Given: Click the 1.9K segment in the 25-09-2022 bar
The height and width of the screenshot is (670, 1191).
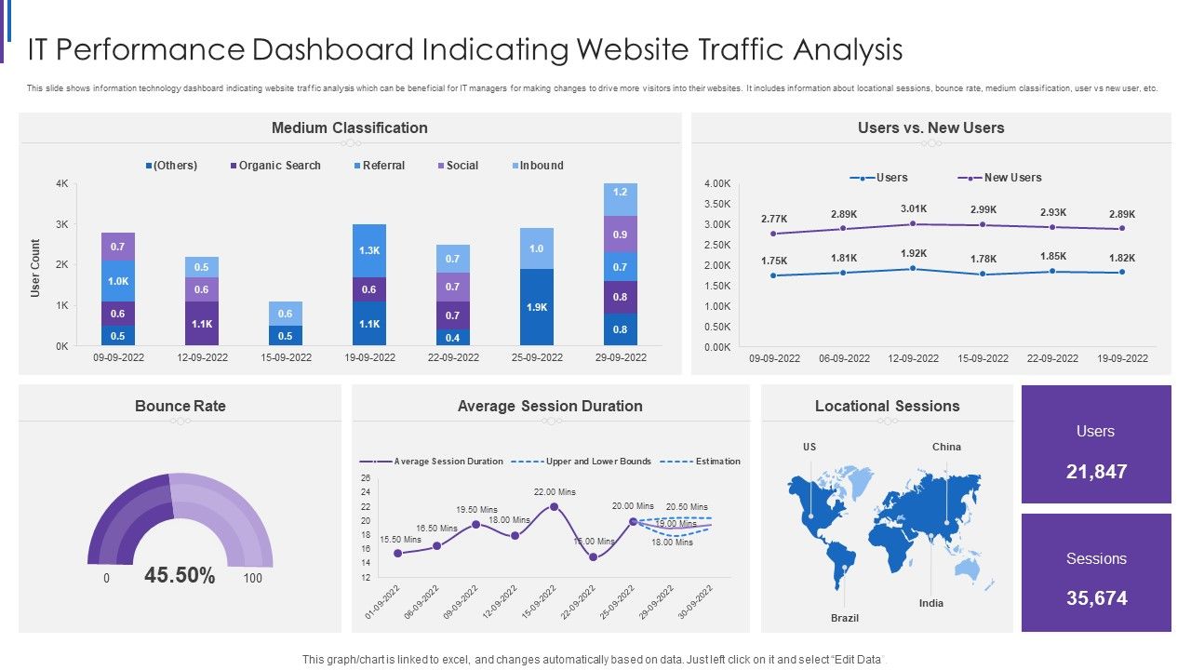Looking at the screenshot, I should (x=537, y=307).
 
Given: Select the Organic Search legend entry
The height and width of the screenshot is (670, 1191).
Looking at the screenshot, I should (x=274, y=166).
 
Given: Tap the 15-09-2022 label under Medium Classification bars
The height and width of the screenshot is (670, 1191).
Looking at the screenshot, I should (x=286, y=357).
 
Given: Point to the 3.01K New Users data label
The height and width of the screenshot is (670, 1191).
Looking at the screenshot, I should (x=913, y=209).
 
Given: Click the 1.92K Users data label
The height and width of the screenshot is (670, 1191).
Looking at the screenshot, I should (x=913, y=253).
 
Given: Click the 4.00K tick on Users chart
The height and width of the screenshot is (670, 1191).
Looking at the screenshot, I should (x=716, y=183).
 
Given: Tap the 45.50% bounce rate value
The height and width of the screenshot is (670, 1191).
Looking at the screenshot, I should (x=180, y=576).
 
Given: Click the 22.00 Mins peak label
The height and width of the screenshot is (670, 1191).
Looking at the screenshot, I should (x=555, y=491).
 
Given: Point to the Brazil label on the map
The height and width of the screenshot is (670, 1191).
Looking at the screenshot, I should (x=845, y=618).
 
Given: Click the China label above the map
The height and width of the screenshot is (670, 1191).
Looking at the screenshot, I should (x=946, y=447).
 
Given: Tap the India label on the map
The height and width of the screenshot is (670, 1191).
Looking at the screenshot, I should (x=931, y=603).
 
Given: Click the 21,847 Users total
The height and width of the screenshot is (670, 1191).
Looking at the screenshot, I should (x=1096, y=472).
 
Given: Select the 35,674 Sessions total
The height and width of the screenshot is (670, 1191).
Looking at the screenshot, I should (x=1096, y=598).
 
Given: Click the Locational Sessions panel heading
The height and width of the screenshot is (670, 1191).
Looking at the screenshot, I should (x=887, y=406).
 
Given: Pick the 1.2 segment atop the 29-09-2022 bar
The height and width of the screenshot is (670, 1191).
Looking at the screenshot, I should (x=621, y=193).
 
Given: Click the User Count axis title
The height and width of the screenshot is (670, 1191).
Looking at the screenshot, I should (x=35, y=268).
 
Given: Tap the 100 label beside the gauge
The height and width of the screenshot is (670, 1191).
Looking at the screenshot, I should (x=252, y=578).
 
